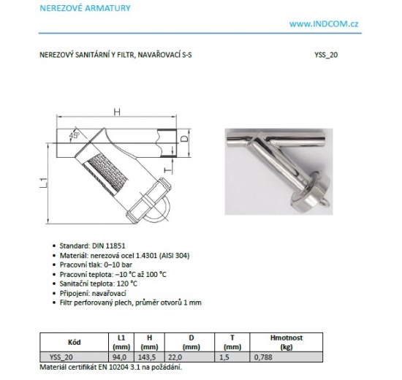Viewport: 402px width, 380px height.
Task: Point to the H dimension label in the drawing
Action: (x=117, y=111)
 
